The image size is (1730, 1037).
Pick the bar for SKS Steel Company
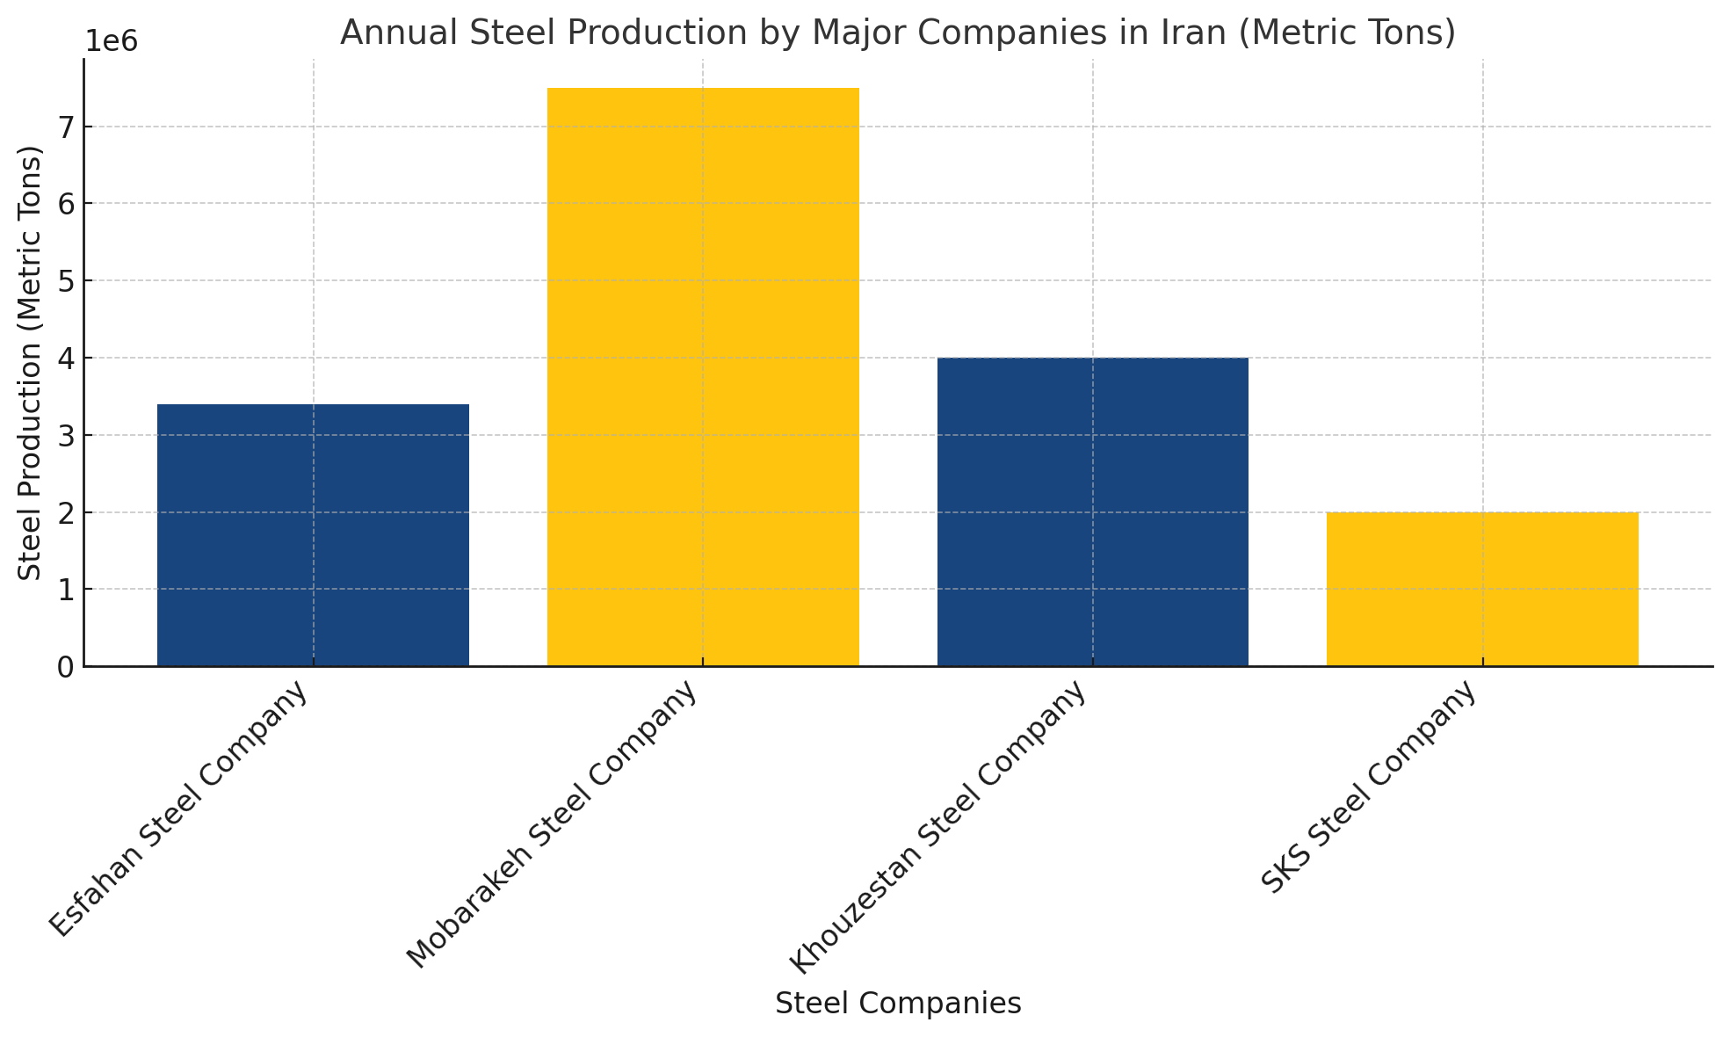1482,589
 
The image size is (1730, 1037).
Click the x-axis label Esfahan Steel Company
178,809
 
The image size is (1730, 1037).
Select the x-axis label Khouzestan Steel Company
937,828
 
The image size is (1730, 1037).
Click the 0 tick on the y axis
66,667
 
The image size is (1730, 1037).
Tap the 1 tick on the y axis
66,590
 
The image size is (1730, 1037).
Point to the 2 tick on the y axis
66,512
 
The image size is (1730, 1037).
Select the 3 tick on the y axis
66,435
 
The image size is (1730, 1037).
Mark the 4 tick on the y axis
66,358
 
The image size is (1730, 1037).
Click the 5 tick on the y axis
66,280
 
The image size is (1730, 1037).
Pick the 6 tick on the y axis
66,203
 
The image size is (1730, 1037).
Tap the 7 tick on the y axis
66,127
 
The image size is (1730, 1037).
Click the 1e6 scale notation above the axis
111,41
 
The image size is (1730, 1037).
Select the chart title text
898,33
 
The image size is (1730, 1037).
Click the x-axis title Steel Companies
898,1003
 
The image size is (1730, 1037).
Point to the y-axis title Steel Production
30,362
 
